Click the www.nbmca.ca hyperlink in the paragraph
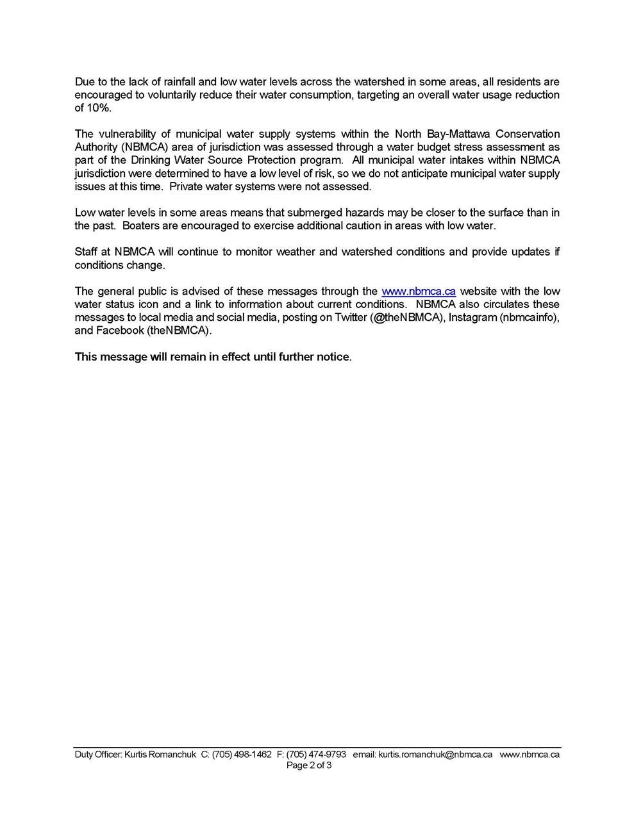pos(418,291)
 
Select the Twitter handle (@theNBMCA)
pos(407,318)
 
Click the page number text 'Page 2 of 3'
pos(309,765)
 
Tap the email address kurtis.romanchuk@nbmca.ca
pos(435,755)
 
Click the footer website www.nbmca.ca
pos(530,755)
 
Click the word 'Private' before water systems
pos(185,186)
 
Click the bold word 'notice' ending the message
pos(333,357)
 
